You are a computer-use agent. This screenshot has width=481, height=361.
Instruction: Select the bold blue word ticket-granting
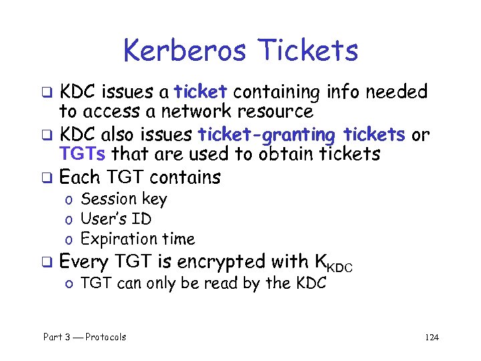click(267, 134)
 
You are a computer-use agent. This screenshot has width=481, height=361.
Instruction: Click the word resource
click(281, 111)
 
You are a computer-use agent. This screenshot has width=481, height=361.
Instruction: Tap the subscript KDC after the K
click(340, 267)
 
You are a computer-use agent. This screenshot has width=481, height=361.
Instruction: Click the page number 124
click(432, 338)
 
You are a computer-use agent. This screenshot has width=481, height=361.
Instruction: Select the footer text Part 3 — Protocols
click(85, 337)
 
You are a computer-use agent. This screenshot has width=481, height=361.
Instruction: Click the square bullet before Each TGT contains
click(48, 178)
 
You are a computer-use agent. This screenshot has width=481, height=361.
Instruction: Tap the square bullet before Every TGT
click(48, 262)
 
